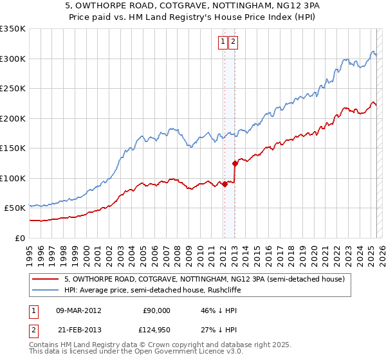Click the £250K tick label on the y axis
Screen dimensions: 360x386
pos(13,89)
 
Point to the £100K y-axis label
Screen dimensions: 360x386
pos(13,178)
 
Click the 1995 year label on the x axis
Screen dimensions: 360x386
pos(29,249)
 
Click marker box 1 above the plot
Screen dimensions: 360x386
pos(223,42)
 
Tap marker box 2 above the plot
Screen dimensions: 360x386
pos(232,42)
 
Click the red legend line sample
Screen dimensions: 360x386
pos(45,280)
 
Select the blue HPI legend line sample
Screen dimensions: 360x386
pos(45,291)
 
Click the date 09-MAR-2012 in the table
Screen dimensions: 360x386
pos(79,310)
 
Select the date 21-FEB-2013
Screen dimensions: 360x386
pos(79,330)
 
